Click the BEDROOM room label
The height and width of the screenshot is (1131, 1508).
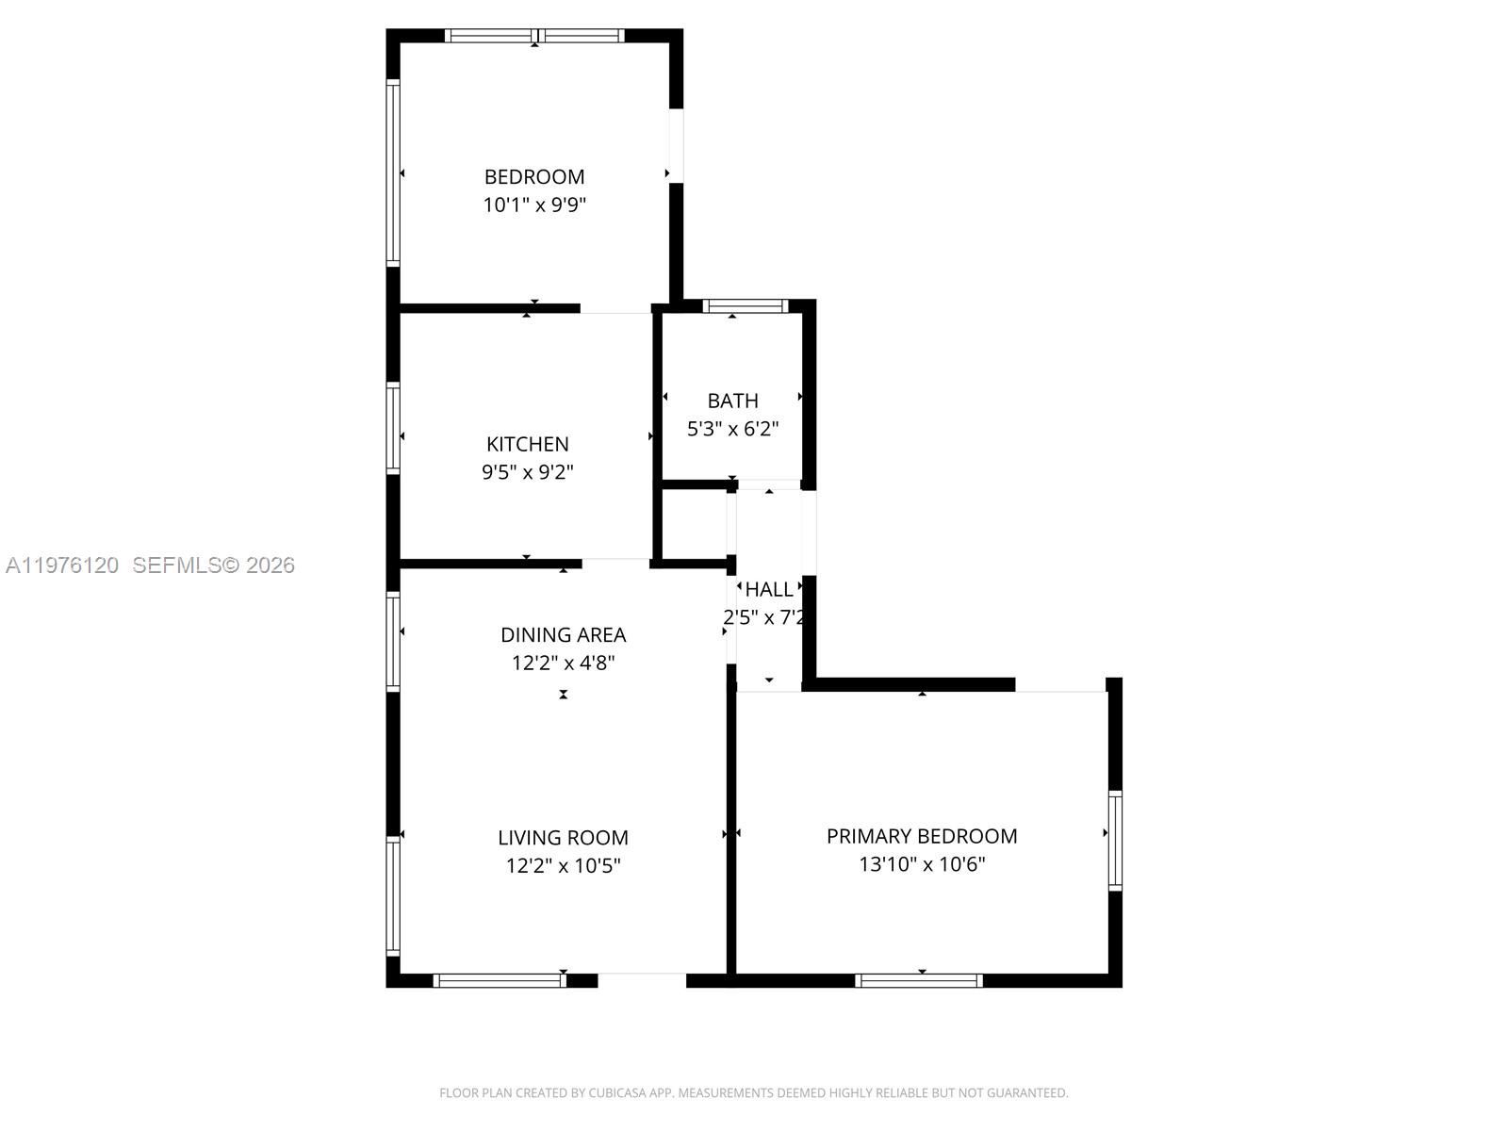click(534, 176)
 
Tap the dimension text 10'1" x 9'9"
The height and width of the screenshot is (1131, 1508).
click(534, 205)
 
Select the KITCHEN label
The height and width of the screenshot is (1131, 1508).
click(527, 444)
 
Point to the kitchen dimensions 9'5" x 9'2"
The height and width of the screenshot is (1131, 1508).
click(527, 472)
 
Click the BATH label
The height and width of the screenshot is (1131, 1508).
click(732, 401)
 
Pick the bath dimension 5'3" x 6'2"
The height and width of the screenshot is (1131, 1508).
click(732, 429)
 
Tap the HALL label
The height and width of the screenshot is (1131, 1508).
click(769, 590)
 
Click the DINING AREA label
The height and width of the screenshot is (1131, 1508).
click(563, 634)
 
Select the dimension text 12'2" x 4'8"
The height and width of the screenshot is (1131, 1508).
click(563, 663)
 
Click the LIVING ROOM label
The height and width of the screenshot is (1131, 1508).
click(563, 837)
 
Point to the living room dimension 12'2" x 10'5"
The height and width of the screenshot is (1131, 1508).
click(563, 865)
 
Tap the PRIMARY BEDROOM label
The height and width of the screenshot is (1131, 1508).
click(922, 836)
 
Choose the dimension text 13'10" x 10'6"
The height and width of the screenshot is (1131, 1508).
click(922, 864)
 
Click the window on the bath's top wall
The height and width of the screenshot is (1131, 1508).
click(745, 305)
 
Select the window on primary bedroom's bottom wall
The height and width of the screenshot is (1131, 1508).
click(919, 981)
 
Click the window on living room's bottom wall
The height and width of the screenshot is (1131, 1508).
click(500, 981)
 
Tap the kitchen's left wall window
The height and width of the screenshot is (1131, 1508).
click(393, 428)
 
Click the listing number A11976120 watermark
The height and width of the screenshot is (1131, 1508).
click(62, 565)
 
